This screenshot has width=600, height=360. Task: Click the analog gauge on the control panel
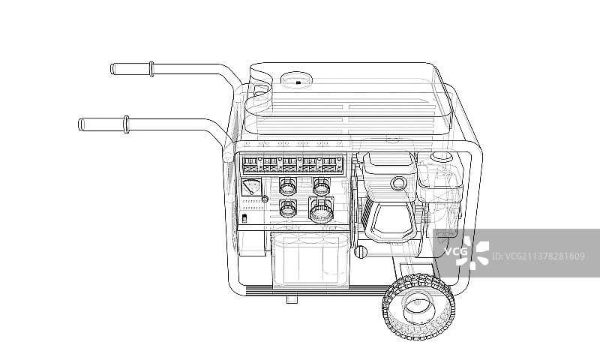pos(251,187)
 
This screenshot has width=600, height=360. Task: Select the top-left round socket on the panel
pos(288,186)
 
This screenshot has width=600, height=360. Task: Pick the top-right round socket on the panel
pos(322,186)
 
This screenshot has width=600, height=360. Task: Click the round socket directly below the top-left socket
pos(288,208)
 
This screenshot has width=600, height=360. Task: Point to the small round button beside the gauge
pos(265,199)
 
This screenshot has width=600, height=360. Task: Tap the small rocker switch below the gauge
pos(245,218)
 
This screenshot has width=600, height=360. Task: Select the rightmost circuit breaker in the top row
pos(330,164)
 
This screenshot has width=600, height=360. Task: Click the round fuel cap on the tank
pos(296,81)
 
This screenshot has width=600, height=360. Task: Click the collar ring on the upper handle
pos(151,69)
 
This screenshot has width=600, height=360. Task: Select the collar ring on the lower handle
pos(126,124)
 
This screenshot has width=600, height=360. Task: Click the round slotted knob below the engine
pos(361,251)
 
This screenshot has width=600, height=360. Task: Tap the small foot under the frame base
pos(292,298)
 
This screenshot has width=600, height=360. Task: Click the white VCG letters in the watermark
pos(456,252)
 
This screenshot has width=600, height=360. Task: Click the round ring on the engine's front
pos(399,184)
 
